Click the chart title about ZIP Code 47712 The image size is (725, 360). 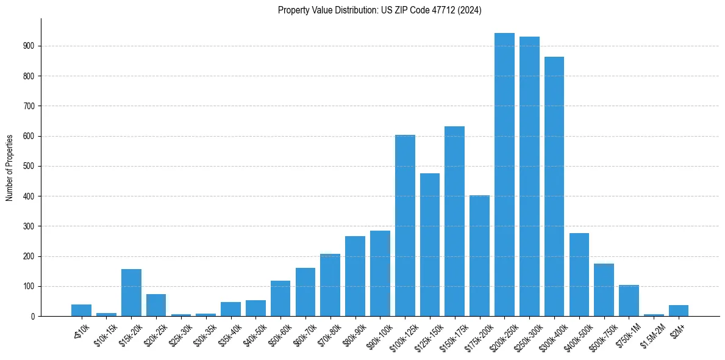tap(379, 10)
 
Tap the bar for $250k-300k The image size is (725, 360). tap(529, 176)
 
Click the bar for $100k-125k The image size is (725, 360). tap(405, 226)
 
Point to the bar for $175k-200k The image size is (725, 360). tap(479, 256)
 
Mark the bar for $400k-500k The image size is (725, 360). tap(579, 275)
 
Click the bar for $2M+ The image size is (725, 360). tap(679, 311)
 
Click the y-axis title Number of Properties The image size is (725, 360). tap(10, 167)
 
